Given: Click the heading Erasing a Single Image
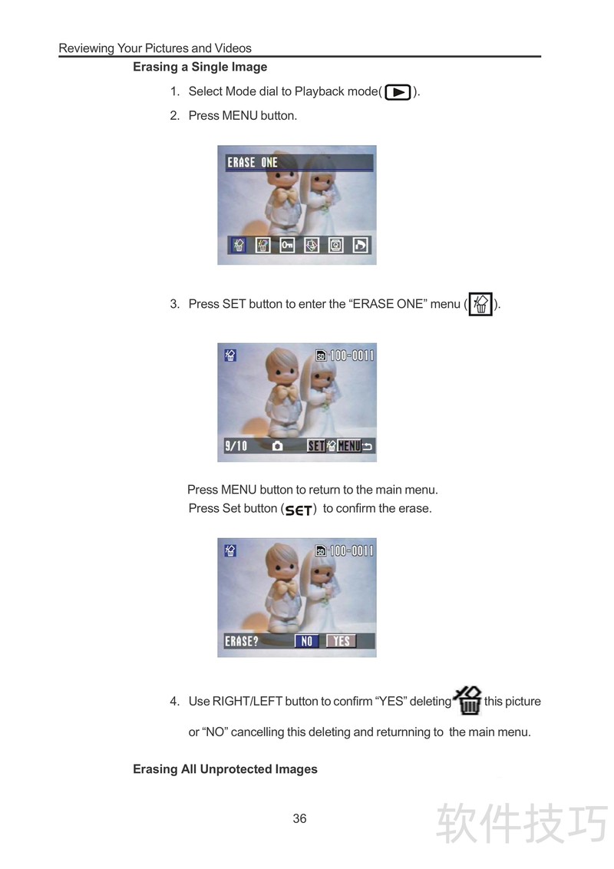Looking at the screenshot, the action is point(200,67).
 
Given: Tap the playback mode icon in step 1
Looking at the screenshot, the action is point(398,92).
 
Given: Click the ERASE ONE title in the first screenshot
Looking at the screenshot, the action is point(253,163).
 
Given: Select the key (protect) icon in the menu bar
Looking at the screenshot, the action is point(287,245).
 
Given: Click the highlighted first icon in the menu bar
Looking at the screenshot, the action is point(238,245).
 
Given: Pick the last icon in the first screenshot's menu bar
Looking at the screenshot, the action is point(360,245).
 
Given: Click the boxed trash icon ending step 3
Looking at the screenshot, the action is point(480,304).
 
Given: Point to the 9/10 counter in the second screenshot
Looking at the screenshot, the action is point(236,446).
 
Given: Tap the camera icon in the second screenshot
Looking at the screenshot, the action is point(278,446).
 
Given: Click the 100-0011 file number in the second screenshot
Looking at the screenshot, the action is point(352,355).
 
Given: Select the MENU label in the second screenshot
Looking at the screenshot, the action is point(349,446).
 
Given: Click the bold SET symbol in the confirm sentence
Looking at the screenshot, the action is point(299,510).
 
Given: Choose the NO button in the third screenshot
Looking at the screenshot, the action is point(306,641).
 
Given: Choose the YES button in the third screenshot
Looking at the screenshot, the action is point(342,641).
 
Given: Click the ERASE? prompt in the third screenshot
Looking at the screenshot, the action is point(242,641).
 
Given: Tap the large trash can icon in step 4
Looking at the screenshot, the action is point(468,701).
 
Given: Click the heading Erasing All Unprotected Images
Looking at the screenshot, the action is point(225,769).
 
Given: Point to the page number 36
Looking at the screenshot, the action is point(300,818).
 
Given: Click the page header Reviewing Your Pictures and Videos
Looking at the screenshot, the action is point(155,48).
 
